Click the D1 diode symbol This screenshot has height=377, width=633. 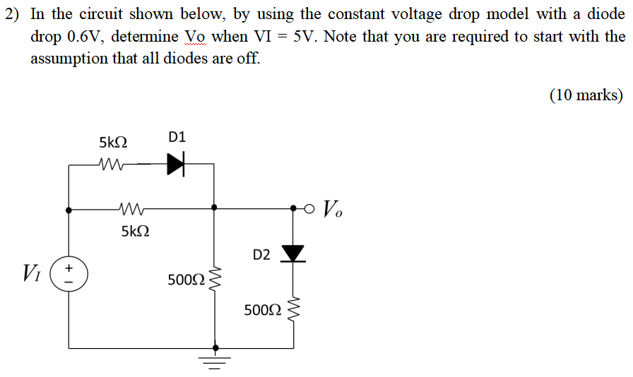(176, 164)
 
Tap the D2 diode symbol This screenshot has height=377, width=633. (293, 253)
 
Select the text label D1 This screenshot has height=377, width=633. (177, 137)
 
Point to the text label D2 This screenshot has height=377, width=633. (261, 255)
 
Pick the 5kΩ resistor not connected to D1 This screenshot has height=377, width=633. (133, 208)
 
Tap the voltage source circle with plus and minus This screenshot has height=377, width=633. (69, 274)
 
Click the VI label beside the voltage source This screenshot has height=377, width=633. (32, 271)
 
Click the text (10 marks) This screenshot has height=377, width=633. (586, 95)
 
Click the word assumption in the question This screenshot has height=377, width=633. (68, 58)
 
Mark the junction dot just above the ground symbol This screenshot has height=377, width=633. (215, 347)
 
